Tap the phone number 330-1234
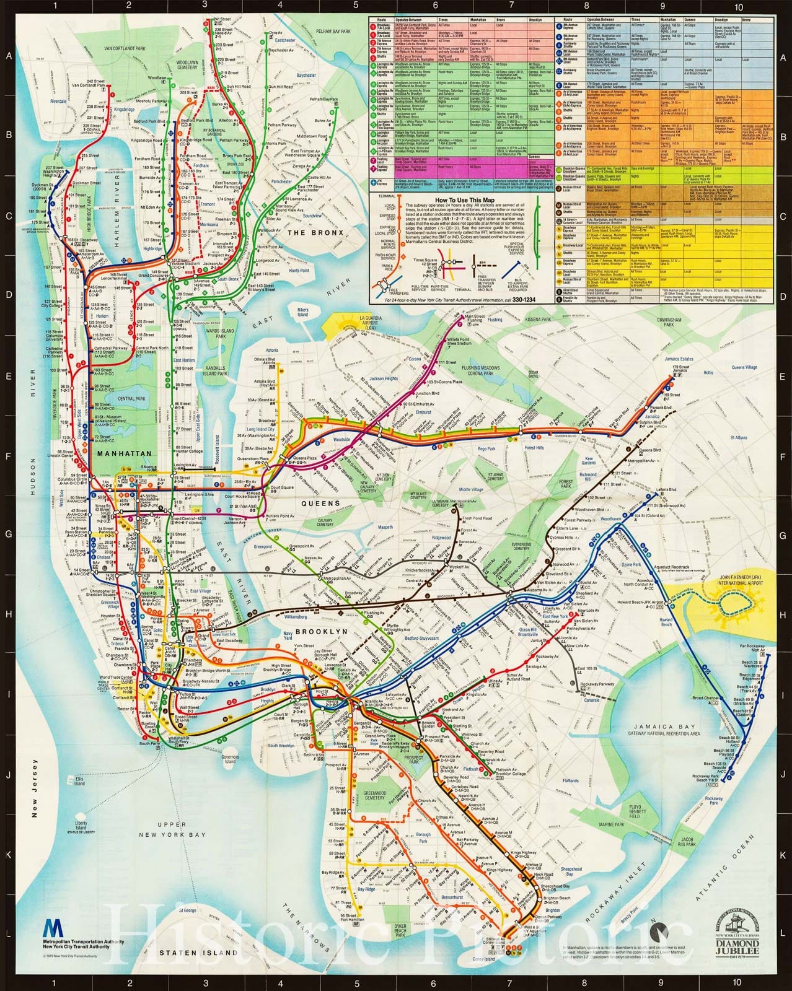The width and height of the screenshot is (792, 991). (x=525, y=299)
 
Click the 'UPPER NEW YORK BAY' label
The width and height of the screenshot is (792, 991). (x=180, y=830)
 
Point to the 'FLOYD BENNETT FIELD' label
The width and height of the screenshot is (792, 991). (x=635, y=812)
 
